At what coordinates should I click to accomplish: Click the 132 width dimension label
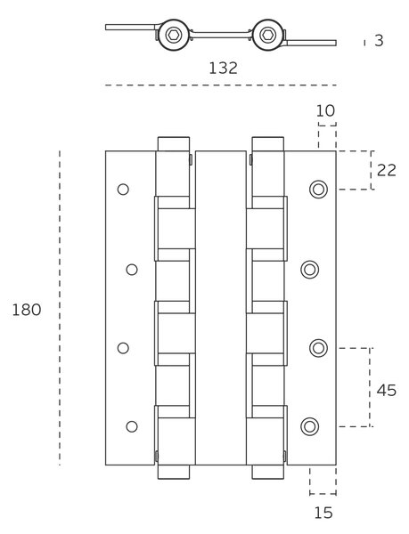(223, 69)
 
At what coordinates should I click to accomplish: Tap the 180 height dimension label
(27, 310)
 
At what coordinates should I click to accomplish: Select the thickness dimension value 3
(379, 41)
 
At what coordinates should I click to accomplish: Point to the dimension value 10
(325, 110)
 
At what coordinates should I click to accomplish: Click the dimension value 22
(387, 170)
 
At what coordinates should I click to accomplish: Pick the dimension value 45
(387, 391)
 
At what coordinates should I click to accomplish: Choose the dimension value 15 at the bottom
(323, 513)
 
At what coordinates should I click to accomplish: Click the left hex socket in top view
(174, 35)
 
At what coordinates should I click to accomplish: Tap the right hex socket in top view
(268, 35)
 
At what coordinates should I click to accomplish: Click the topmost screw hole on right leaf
(318, 190)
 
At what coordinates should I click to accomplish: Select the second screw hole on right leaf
(310, 270)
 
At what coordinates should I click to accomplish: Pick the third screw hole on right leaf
(318, 348)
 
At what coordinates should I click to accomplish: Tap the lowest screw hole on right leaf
(310, 426)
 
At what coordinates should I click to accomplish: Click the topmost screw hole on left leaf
(123, 190)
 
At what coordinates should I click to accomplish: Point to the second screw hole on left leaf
(132, 270)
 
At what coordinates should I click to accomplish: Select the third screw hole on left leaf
(123, 348)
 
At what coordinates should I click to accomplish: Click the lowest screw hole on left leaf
(132, 426)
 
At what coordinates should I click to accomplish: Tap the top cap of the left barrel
(174, 144)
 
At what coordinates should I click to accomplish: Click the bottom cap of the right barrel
(268, 472)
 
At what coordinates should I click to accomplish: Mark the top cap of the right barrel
(268, 144)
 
